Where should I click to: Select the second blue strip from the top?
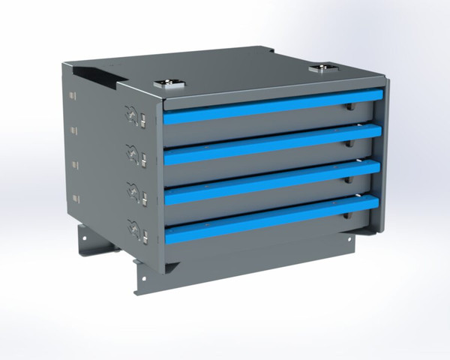274,144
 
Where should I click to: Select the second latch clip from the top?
136,155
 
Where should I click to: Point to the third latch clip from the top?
136,193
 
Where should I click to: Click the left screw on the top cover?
164,84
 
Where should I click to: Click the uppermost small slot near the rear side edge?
74,96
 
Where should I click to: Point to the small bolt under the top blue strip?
347,108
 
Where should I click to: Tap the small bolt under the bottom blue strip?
345,217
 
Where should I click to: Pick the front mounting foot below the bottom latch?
142,277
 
